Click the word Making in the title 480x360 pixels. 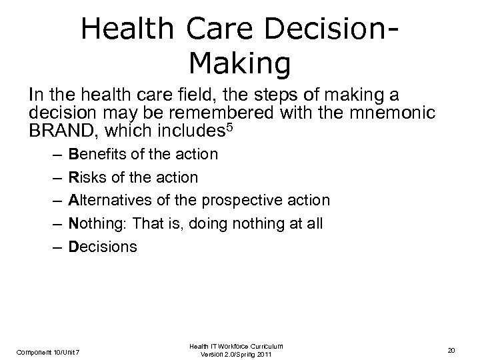pos(240,64)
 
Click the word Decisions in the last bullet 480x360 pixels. pos(103,247)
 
